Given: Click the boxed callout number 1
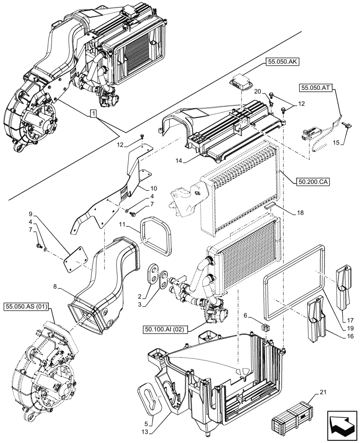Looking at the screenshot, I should (x=92, y=114).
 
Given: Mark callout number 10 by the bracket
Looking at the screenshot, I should (x=141, y=187).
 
